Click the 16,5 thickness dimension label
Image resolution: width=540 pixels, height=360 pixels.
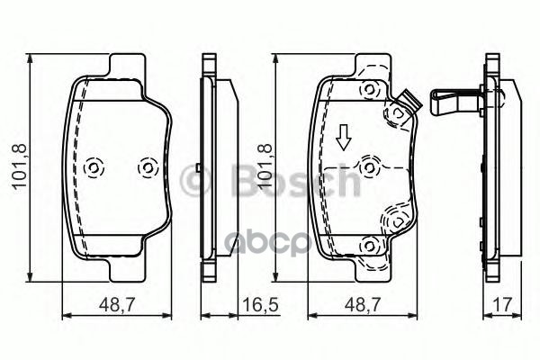pos(260,305)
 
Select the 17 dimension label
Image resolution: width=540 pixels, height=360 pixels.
pos(502,305)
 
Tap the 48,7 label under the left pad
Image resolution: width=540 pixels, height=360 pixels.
pos(117,305)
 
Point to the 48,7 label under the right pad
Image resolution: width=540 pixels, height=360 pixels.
pos(363,305)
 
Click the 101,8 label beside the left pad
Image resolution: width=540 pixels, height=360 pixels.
pos(20,166)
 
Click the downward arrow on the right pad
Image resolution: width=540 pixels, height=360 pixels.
pos(344,138)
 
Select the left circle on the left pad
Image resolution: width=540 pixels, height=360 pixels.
pos(94,168)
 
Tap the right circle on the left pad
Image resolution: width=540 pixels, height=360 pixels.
pos(148,168)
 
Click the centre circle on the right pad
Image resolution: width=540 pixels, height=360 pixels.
pos(369,167)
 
